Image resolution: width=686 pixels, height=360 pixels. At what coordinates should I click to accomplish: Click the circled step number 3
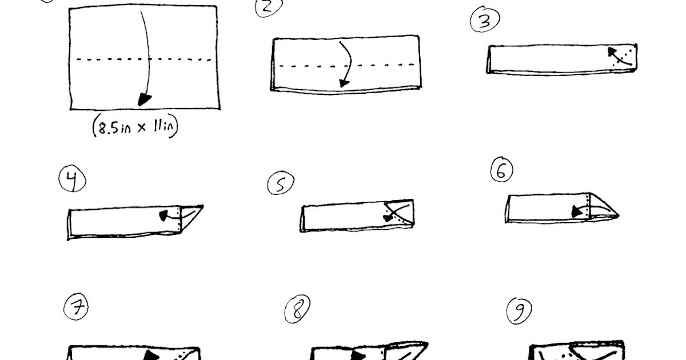click(485, 19)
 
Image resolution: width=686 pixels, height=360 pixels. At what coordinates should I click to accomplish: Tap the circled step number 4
click(72, 179)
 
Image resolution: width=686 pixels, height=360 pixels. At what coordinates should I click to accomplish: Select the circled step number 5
click(281, 183)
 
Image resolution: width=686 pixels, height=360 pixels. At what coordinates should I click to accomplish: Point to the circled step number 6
click(502, 170)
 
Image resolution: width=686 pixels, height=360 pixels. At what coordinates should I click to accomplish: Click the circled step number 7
click(76, 307)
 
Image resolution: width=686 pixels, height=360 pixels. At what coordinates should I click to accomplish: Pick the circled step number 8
click(297, 309)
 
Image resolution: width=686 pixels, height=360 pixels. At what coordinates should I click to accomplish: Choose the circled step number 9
click(519, 311)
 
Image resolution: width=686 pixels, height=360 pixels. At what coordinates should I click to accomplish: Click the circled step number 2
click(268, 7)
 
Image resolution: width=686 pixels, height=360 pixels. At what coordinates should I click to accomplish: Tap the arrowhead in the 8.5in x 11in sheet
click(144, 100)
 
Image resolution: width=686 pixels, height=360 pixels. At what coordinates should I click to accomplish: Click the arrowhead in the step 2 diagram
click(344, 83)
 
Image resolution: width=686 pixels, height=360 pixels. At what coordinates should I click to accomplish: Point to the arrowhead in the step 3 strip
click(612, 52)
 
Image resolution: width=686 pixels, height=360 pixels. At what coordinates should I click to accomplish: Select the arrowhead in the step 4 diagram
click(164, 215)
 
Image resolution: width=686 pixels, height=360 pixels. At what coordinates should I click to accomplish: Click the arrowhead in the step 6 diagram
click(577, 211)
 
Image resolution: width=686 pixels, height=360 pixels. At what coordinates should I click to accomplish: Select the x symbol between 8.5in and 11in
click(141, 127)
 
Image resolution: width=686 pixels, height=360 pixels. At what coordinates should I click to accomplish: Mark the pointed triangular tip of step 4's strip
click(203, 206)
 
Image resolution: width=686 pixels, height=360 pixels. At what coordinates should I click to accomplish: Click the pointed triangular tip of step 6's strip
click(619, 216)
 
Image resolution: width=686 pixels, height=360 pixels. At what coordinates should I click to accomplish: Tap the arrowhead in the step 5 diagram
click(388, 218)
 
